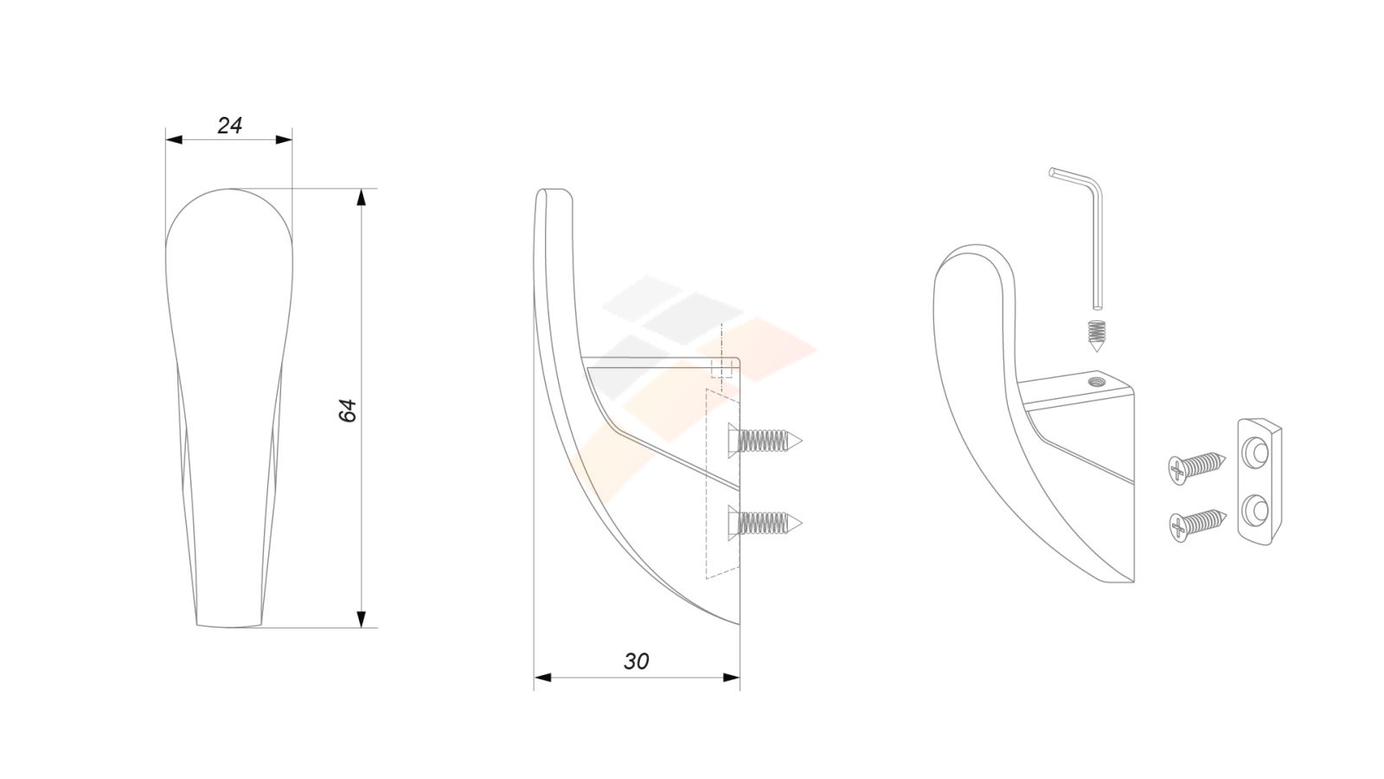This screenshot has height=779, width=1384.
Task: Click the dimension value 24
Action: click(x=229, y=126)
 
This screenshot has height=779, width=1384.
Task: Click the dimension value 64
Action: click(x=348, y=410)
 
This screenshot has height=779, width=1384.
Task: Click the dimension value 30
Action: click(x=636, y=661)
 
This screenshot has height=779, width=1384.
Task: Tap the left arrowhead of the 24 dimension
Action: click(x=174, y=139)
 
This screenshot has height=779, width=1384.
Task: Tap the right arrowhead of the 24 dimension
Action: click(x=284, y=139)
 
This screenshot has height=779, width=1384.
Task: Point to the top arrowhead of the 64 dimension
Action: click(x=362, y=196)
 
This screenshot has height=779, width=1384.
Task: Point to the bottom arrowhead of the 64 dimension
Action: click(x=362, y=620)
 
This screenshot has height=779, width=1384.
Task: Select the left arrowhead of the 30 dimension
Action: click(x=542, y=678)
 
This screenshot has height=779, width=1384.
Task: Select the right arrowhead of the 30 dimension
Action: click(x=732, y=678)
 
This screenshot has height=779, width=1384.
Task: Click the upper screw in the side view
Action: click(x=765, y=441)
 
